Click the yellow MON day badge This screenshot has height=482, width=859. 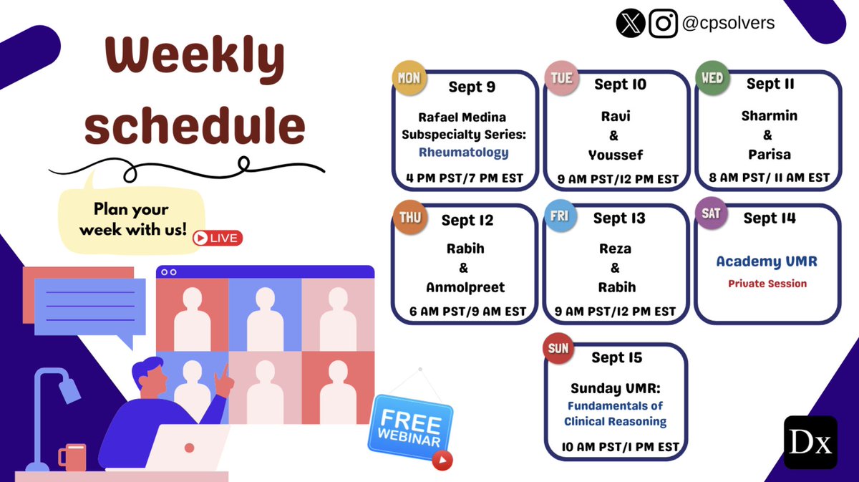[x=409, y=78]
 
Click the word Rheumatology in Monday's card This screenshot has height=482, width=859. [x=464, y=152]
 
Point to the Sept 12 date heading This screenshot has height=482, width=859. [x=467, y=220]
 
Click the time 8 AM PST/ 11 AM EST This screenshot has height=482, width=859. [x=769, y=177]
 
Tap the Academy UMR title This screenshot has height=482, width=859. [x=767, y=261]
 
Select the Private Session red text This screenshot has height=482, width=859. [x=767, y=284]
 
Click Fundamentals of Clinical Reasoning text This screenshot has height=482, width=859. [x=615, y=414]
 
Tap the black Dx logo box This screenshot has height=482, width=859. [x=810, y=442]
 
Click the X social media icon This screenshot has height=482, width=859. [x=630, y=24]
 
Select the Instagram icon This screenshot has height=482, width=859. [x=663, y=24]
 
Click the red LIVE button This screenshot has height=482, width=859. [x=218, y=238]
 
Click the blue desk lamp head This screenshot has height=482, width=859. [x=69, y=389]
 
